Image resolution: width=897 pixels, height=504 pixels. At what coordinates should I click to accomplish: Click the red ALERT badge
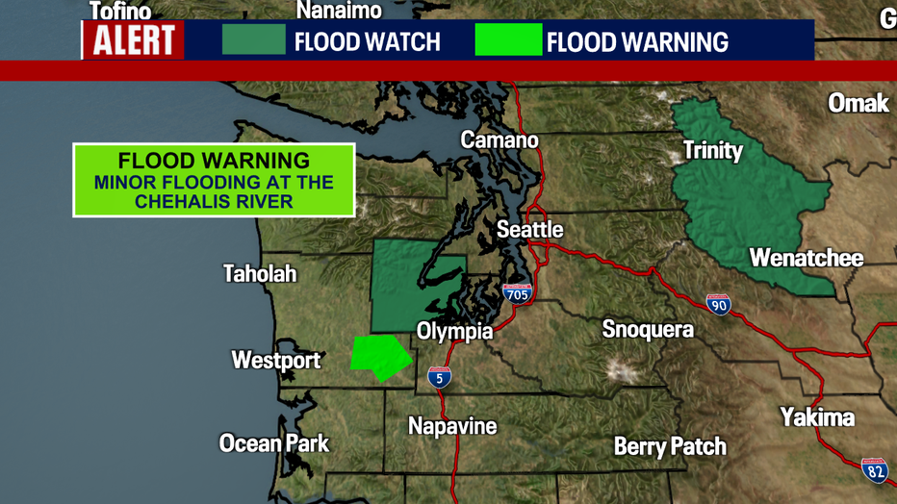point(134,40)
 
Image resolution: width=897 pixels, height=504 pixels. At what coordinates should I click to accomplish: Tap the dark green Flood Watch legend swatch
point(254,40)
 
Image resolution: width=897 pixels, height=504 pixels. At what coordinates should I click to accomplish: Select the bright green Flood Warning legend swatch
point(508,40)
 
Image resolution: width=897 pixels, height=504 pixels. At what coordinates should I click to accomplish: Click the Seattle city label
point(529,230)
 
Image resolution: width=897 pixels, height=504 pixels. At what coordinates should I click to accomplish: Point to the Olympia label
point(454,331)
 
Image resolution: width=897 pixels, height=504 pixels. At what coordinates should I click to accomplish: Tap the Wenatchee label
point(806,258)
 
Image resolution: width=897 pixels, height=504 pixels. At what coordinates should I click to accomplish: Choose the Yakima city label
point(817,417)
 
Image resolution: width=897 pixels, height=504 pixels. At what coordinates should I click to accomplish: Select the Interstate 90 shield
point(718,305)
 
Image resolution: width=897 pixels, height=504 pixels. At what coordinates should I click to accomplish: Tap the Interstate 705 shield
point(517,294)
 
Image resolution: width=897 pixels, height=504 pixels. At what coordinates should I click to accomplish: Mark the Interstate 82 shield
point(874,470)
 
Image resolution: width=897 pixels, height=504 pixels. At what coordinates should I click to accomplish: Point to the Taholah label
point(260,274)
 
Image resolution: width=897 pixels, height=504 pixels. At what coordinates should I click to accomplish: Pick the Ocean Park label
point(274,443)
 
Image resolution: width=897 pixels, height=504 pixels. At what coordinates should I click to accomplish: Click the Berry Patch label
point(670,446)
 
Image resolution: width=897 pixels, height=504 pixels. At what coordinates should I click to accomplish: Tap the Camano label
point(500,140)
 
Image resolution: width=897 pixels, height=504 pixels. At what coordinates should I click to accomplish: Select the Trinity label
point(712,150)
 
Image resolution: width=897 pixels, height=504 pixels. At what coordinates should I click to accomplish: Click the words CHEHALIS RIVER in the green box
point(214,201)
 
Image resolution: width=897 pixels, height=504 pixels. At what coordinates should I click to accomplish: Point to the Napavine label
point(452,426)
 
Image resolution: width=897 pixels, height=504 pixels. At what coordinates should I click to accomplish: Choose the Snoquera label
point(648,330)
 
